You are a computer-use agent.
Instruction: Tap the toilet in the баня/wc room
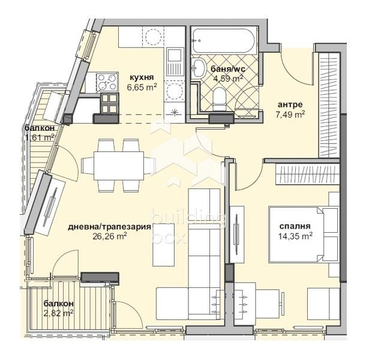click(x=220, y=99)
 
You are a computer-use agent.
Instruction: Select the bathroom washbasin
click(x=199, y=68)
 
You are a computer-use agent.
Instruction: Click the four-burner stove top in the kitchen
click(x=107, y=82)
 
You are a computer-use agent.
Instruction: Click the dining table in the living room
click(x=119, y=166)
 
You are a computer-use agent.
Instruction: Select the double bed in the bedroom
click(x=304, y=235)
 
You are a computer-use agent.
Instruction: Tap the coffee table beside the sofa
click(x=164, y=245)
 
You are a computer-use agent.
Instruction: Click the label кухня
click(x=142, y=77)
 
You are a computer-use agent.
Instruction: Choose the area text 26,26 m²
click(x=110, y=236)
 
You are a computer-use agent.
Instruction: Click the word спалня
click(x=295, y=226)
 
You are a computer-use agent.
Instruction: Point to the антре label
click(x=290, y=104)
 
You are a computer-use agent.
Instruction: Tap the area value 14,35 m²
click(x=295, y=236)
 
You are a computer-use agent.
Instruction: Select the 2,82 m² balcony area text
click(x=59, y=313)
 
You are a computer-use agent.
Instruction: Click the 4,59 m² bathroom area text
click(x=228, y=78)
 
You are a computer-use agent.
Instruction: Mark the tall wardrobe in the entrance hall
click(x=329, y=105)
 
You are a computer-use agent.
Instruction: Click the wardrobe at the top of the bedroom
click(x=307, y=175)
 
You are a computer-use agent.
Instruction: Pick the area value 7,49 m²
click(x=290, y=115)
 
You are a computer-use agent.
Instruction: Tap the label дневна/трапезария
click(x=109, y=227)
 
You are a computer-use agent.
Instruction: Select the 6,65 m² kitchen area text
click(x=142, y=87)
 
